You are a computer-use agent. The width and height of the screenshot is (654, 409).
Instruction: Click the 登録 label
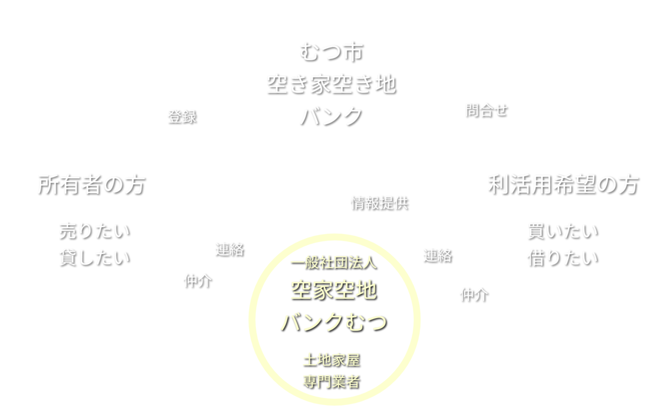click(x=182, y=117)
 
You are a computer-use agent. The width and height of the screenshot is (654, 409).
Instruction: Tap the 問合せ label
click(x=486, y=110)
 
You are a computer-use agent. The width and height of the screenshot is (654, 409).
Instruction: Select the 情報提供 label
click(x=379, y=203)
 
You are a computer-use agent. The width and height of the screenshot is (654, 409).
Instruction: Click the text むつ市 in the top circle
click(x=331, y=51)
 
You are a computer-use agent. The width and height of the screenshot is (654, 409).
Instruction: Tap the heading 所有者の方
click(x=91, y=185)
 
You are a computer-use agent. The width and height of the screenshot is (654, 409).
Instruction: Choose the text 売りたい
click(x=94, y=231)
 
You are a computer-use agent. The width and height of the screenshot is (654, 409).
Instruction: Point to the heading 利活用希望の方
click(x=563, y=185)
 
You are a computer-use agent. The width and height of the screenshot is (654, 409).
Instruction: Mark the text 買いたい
click(x=562, y=231)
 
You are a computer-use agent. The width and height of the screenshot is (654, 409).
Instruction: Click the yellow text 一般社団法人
click(x=333, y=262)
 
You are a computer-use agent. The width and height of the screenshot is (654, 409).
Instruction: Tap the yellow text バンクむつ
click(x=333, y=322)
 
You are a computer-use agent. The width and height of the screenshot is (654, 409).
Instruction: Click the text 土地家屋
click(x=331, y=360)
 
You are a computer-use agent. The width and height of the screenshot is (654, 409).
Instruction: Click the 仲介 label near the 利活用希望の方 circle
click(x=474, y=295)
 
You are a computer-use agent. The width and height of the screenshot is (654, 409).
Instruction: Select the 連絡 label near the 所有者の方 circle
click(x=229, y=249)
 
